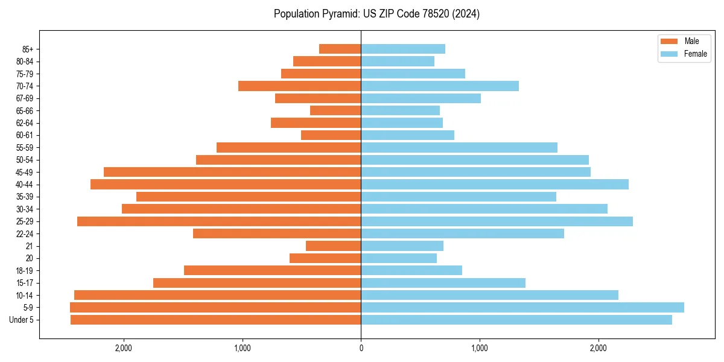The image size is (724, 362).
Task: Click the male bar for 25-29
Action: click(219, 221)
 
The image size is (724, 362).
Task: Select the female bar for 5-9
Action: click(522, 307)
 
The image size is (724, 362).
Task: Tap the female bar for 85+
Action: click(403, 49)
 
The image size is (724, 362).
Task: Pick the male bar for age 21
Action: click(333, 246)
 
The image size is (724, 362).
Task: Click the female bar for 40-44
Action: click(495, 184)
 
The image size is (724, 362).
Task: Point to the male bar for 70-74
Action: click(299, 86)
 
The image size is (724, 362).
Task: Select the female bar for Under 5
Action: click(516, 320)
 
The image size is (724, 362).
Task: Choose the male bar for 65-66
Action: click(335, 110)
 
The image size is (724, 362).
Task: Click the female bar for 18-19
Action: click(411, 270)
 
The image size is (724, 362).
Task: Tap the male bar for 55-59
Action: click(288, 147)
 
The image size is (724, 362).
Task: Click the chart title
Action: click(376, 14)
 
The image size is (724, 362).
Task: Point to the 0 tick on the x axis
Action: click(361, 348)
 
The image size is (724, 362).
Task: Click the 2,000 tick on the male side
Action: click(123, 348)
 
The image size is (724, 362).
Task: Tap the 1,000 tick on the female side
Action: click(480, 348)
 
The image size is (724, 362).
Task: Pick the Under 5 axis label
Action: click(22, 320)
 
